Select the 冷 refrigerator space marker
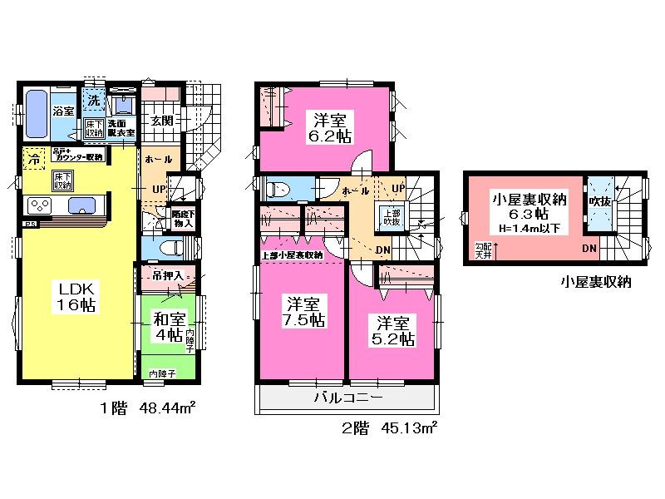coord(35,157)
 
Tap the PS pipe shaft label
coord(30,225)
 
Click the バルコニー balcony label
coord(347,398)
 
